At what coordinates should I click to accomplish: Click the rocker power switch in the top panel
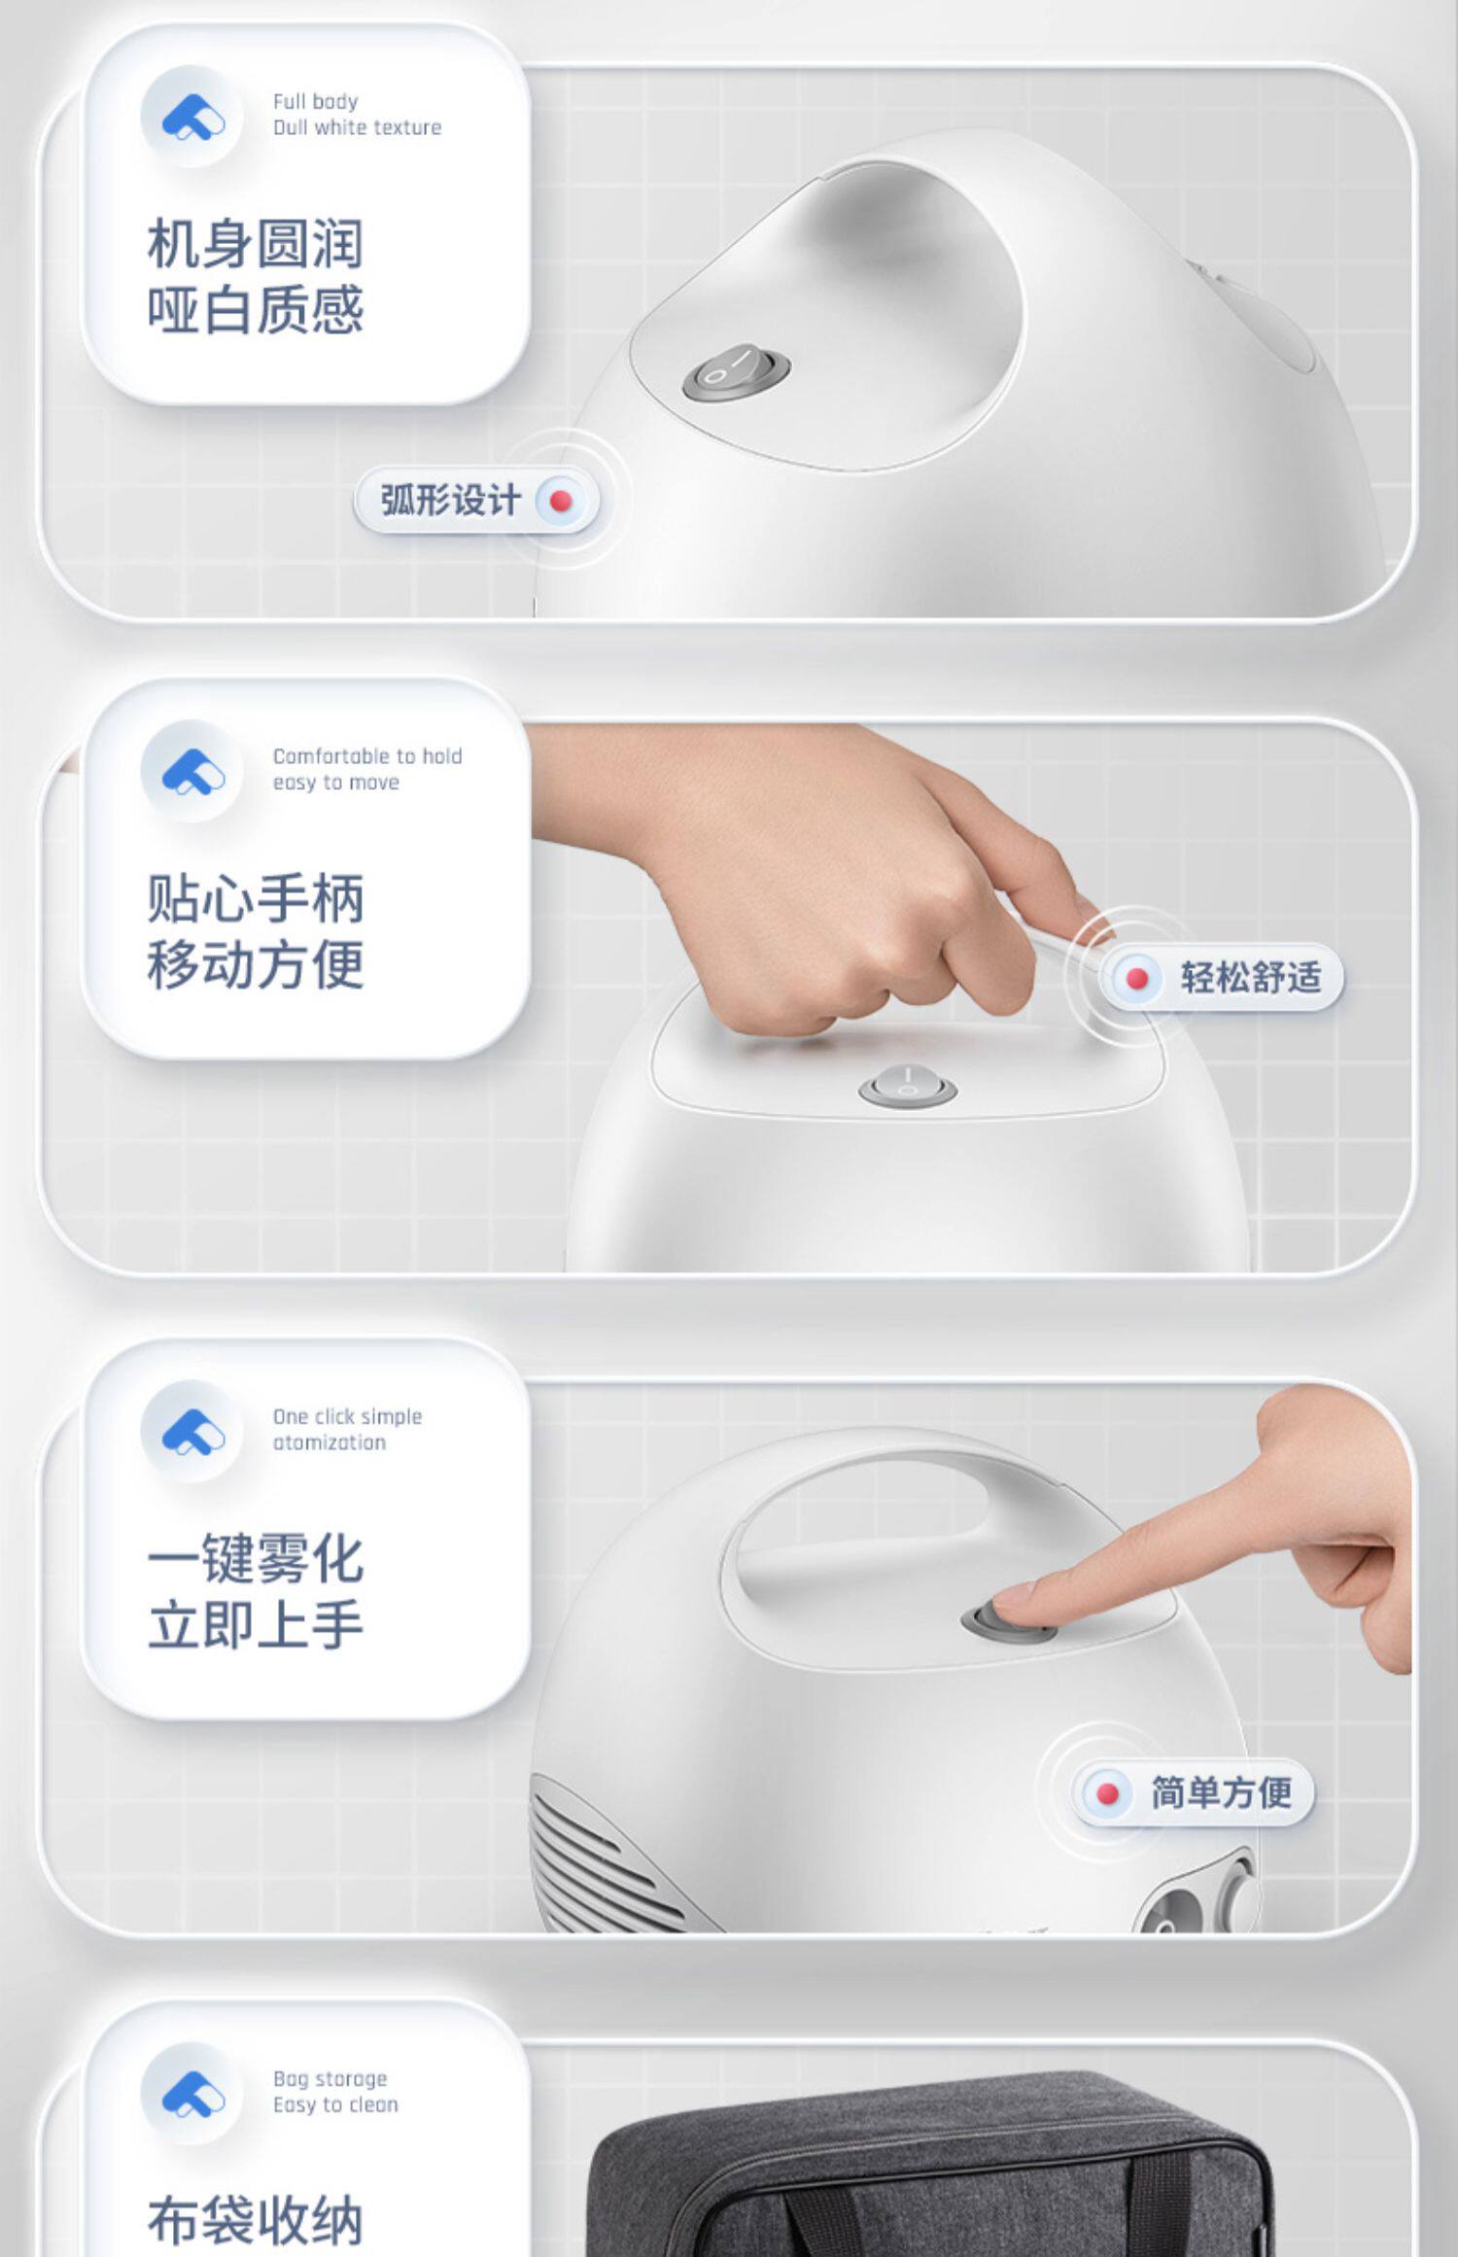coord(736,370)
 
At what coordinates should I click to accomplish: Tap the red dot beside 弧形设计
coord(560,502)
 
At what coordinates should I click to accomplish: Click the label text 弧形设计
coord(450,502)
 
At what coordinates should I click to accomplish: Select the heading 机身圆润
coord(256,243)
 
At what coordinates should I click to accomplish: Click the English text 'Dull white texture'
coord(357,127)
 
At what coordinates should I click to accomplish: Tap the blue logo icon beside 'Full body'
coord(192,117)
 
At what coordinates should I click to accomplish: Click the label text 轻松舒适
coord(1251,977)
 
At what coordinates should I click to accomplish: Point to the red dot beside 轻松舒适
coord(1136,978)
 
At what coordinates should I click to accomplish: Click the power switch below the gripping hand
coord(907,1086)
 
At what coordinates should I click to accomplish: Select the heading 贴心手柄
coord(256,898)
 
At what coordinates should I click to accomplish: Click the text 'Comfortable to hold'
coord(367,756)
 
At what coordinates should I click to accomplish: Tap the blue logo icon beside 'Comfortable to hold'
coord(192,772)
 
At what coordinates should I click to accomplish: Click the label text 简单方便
coord(1222,1791)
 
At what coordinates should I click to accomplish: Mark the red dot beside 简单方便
coord(1107,1793)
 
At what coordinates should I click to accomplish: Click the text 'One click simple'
coord(347,1416)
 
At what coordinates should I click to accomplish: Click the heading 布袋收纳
coord(256,2219)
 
